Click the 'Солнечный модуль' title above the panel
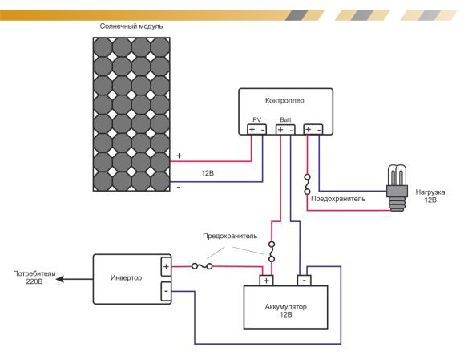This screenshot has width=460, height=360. [x=131, y=26]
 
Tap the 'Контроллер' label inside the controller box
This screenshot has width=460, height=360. [x=284, y=101]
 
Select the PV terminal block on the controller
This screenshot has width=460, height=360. [x=256, y=129]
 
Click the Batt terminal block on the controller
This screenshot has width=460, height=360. [x=285, y=129]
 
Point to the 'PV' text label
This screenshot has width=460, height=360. [x=256, y=119]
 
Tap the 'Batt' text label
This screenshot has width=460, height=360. [x=285, y=119]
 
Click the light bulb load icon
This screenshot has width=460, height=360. [x=397, y=188]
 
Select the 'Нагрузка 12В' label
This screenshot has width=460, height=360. [x=430, y=196]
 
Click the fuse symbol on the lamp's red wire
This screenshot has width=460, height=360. [x=307, y=184]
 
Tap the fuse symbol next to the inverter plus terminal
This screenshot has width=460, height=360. [x=202, y=266]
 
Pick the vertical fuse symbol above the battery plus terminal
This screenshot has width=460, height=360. [x=272, y=252]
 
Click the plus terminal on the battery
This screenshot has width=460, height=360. [x=266, y=281]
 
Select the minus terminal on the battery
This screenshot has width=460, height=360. [x=305, y=281]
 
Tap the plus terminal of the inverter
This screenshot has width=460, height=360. [x=166, y=267]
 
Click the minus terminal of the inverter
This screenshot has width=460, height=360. [x=166, y=291]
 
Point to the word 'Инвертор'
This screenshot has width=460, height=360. [x=126, y=277]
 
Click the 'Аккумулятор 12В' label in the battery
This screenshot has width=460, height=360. [x=286, y=311]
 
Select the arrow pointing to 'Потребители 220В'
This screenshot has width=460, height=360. [x=75, y=279]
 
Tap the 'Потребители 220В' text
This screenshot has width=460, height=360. [x=34, y=277]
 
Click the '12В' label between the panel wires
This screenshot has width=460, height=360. [x=208, y=173]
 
